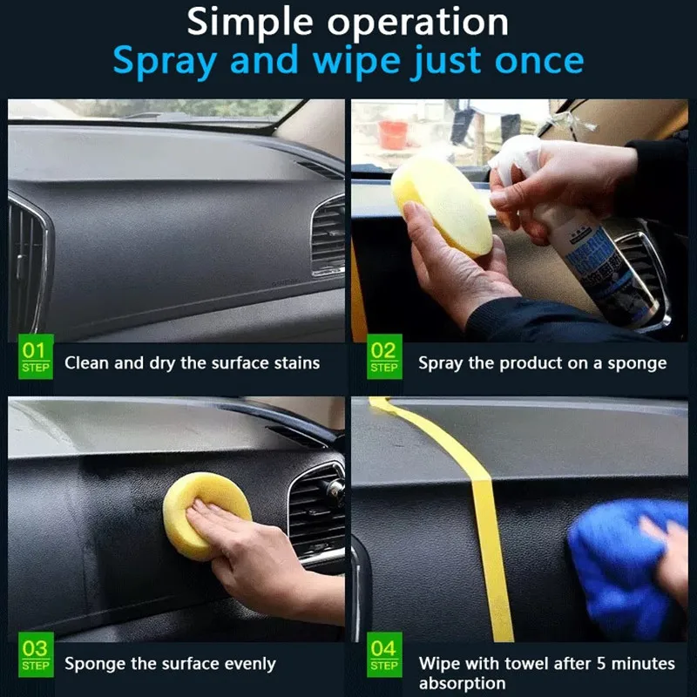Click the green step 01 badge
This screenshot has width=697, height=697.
pyautogui.click(x=36, y=357)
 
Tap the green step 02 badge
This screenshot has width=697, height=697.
pyautogui.click(x=384, y=357)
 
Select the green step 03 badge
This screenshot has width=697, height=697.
pyautogui.click(x=36, y=656)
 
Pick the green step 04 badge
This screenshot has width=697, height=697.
pyautogui.click(x=384, y=656)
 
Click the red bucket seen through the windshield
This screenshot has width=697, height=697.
pyautogui.click(x=393, y=134)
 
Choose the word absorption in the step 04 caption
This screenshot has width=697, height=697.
pyautogui.click(x=462, y=684)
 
